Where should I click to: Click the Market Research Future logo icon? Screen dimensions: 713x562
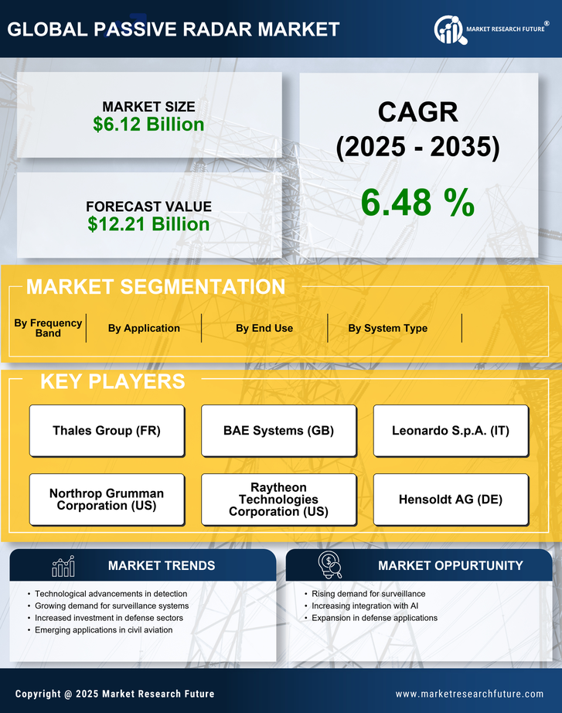(x=448, y=29)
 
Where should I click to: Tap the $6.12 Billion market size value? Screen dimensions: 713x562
(x=148, y=125)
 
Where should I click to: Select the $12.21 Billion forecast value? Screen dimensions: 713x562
(x=148, y=224)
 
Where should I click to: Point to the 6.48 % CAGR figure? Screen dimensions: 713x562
(x=417, y=202)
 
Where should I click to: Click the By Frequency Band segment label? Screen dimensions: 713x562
(x=48, y=328)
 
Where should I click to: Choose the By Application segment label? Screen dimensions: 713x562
(x=144, y=328)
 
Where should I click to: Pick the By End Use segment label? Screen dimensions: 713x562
(x=264, y=328)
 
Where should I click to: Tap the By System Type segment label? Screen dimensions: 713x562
(x=387, y=328)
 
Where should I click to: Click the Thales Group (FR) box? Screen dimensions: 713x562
(x=107, y=431)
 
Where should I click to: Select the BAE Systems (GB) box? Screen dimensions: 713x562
(x=278, y=431)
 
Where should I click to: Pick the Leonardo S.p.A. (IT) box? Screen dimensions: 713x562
(x=451, y=431)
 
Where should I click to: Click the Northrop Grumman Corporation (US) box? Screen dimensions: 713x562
(x=107, y=500)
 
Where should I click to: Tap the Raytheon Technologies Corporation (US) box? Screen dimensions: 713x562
(x=278, y=500)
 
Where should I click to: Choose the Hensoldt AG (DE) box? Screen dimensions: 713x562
(x=451, y=500)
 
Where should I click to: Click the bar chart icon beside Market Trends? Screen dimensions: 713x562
(x=63, y=566)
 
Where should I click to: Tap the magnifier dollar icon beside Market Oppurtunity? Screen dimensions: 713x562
(x=329, y=565)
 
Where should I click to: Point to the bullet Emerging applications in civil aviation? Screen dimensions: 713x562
(x=104, y=630)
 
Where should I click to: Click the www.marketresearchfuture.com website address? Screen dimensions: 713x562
(x=469, y=694)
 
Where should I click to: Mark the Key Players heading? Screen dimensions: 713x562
(x=112, y=381)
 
